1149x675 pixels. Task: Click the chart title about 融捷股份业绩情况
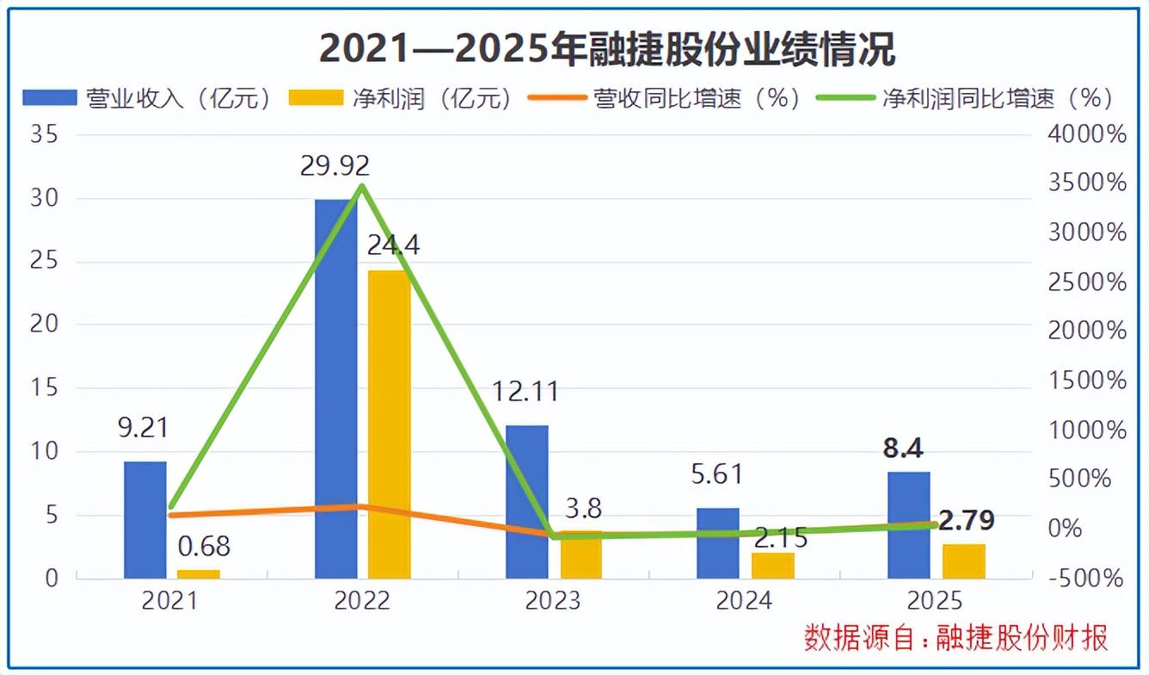607,50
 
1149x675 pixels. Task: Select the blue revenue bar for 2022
336,387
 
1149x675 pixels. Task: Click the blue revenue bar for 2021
145,519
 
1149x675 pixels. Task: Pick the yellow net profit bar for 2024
771,565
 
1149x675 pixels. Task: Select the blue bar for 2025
909,524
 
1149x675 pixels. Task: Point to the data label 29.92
335,165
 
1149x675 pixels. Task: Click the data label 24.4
393,245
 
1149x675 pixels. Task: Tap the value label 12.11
525,392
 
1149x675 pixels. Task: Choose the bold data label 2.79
967,521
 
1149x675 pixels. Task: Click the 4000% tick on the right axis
1087,135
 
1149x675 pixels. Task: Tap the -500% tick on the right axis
1087,579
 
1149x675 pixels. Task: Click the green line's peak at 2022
362,185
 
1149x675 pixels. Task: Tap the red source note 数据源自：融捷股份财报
955,638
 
